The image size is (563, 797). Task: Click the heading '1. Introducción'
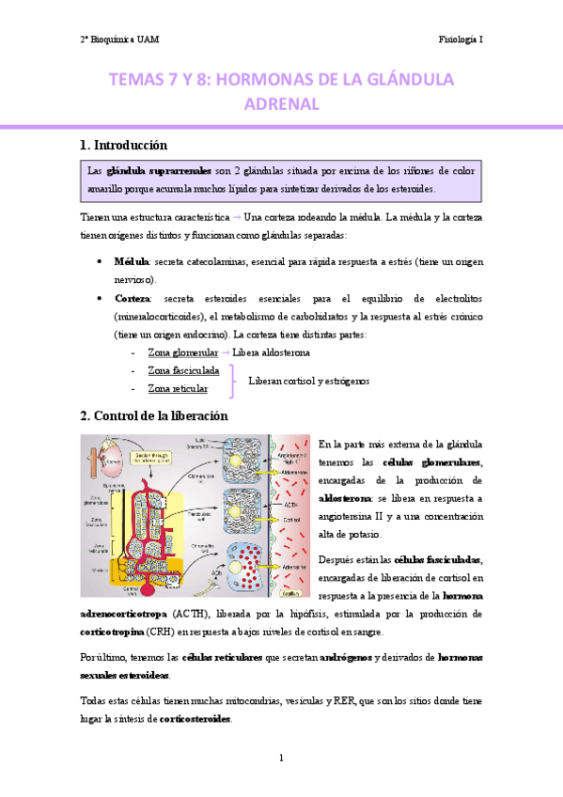coord(123,146)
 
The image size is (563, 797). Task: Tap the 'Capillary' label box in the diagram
coord(290,594)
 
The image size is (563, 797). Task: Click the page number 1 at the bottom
coord(281,758)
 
